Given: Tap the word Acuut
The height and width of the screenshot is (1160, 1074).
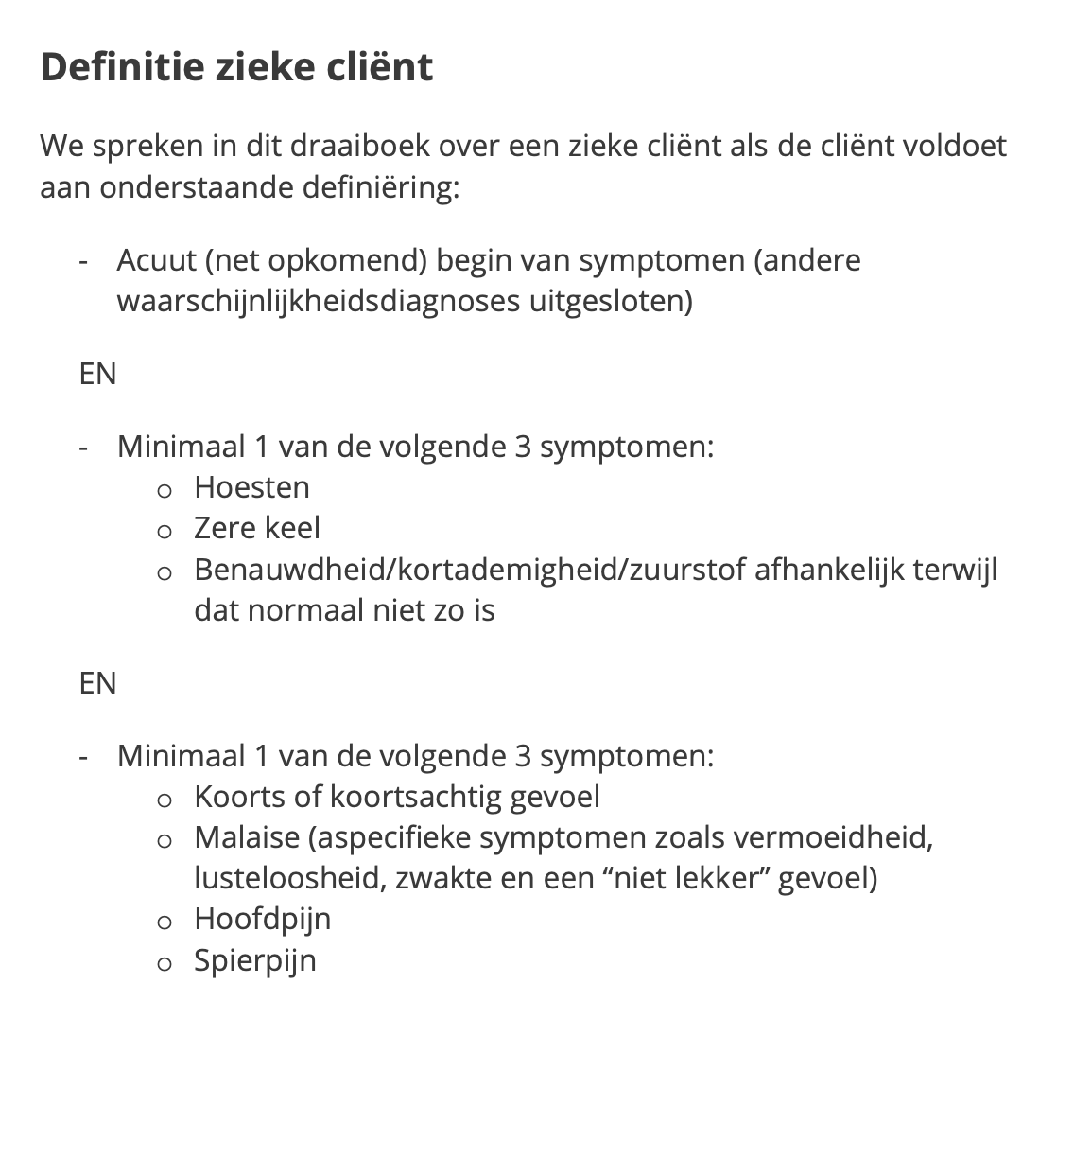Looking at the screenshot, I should [156, 260].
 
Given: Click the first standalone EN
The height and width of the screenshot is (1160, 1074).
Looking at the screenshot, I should [97, 374].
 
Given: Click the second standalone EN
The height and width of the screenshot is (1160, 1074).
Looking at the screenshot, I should [97, 683].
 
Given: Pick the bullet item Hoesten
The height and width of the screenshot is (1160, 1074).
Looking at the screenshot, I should [251, 487].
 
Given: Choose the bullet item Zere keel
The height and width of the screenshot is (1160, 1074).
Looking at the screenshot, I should [257, 528].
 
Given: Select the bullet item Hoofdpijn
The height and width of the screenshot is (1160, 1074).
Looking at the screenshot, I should [262, 919].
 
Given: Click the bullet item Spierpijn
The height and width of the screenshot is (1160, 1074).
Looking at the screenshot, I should [254, 960].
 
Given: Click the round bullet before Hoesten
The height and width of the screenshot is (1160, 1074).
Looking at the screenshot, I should [165, 490].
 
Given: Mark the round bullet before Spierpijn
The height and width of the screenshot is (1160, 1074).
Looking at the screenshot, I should [165, 963].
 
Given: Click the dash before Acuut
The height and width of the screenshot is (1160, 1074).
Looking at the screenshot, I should [85, 261].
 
